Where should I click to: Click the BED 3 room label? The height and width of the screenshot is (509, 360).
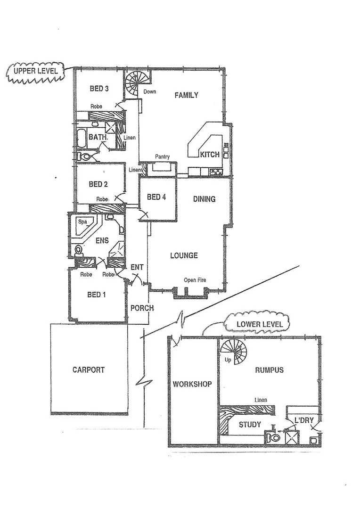click(x=99, y=88)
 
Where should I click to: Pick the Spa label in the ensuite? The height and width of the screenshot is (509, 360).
click(x=82, y=221)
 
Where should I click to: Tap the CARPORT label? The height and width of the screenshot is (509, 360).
click(x=89, y=370)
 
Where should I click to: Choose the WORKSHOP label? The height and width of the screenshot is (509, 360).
click(x=192, y=384)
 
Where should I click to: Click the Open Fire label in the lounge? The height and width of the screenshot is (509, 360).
click(x=195, y=280)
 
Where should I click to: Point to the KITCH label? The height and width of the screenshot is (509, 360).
click(x=210, y=155)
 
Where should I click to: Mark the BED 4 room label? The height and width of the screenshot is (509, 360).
click(x=156, y=197)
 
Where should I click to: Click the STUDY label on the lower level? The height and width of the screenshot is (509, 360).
click(x=249, y=425)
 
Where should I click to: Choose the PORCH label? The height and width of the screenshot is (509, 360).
click(x=142, y=308)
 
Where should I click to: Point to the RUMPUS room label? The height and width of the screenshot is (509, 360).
click(x=269, y=370)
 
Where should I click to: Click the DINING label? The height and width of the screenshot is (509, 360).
click(x=204, y=199)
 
